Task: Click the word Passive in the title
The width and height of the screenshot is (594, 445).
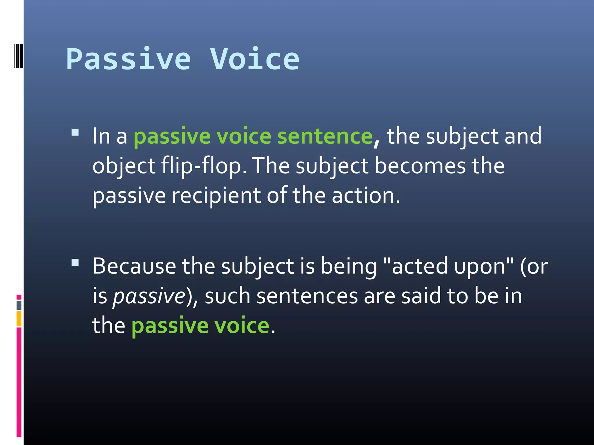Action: pos(128,59)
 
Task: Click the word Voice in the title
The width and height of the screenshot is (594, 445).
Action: pos(255,59)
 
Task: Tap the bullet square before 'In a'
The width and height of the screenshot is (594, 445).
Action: pos(75,133)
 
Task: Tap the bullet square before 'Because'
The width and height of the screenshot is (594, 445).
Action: pos(75,262)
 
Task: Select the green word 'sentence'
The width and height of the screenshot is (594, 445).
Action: pos(325,136)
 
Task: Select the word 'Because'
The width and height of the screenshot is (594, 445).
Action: pos(134,266)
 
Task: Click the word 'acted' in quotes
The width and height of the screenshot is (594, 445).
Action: pos(419,266)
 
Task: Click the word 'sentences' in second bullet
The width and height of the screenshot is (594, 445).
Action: pos(307,296)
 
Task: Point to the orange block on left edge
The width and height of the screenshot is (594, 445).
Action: pos(19,318)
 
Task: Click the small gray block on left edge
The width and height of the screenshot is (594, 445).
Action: pos(19,305)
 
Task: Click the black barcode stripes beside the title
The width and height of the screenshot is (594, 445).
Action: pos(19,56)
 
